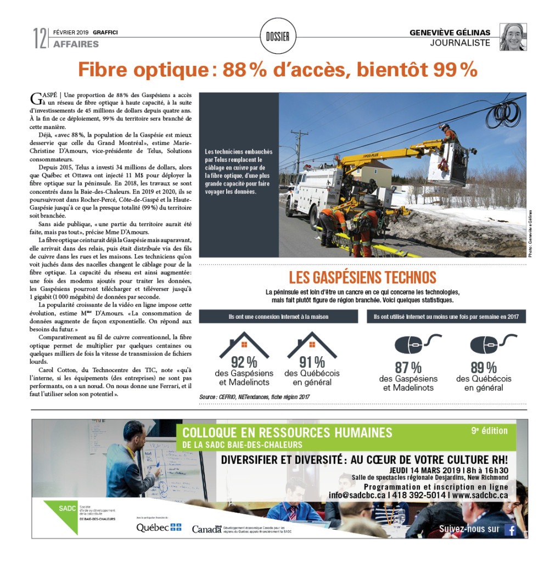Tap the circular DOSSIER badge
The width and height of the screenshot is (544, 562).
click(277, 37)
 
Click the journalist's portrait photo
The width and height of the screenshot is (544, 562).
click(513, 37)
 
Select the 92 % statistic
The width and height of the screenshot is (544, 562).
click(244, 362)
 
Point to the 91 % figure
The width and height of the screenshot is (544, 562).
click(312, 362)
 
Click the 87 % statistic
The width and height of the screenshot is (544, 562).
click(408, 368)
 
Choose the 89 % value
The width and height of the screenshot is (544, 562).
click(484, 368)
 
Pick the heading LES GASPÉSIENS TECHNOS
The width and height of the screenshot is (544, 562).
click(362, 277)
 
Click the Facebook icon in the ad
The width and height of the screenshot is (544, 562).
click(511, 530)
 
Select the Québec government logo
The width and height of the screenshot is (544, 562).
click(159, 527)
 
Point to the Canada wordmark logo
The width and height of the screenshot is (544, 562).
click(206, 529)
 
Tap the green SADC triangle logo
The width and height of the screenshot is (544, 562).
click(61, 510)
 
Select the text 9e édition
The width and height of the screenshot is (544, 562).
click(489, 431)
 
